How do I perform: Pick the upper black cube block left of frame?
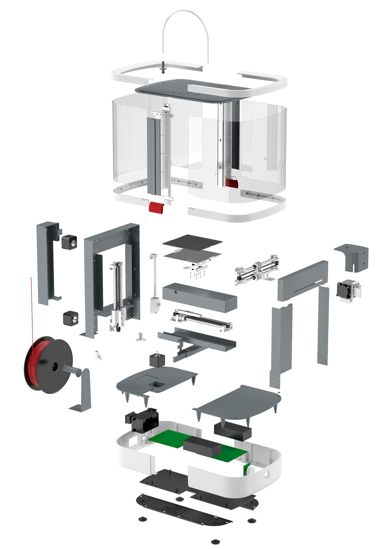(x=70, y=242)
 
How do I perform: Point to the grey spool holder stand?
(x=83, y=391)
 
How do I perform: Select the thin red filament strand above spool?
(x=32, y=308)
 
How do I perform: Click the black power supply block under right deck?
(x=232, y=431)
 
